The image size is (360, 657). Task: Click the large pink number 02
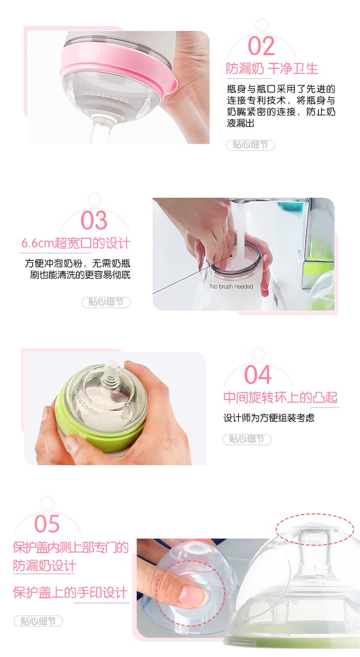point(261,46)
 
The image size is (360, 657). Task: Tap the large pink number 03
point(94,220)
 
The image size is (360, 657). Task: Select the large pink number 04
point(258,374)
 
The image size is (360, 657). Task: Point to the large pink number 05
point(47,523)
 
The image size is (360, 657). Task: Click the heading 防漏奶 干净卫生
point(272,69)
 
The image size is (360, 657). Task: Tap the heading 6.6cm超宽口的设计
point(76,243)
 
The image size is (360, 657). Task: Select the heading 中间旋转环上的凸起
point(281,398)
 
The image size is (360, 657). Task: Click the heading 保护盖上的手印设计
point(71,592)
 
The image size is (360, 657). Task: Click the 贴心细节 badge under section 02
point(251,145)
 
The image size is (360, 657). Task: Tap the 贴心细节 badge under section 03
point(106,302)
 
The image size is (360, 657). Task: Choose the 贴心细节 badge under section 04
point(247,439)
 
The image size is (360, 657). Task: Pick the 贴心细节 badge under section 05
point(38,621)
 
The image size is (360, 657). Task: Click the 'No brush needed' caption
point(232,286)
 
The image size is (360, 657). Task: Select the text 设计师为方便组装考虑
point(269,418)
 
